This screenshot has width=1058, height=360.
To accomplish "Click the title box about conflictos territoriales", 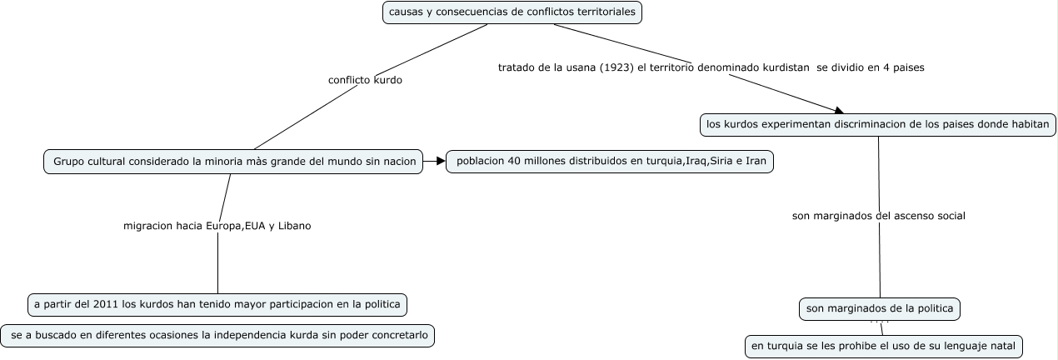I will point(512,12).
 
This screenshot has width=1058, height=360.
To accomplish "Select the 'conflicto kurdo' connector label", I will point(365,81).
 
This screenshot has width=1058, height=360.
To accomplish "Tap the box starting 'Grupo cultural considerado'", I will point(233,161).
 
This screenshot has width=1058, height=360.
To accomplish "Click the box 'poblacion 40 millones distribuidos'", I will point(610,161).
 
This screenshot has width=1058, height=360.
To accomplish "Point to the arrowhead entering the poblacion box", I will point(442,161).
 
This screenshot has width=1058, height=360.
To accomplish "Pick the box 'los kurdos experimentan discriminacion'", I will point(877,125).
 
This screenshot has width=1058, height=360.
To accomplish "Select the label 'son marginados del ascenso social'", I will point(878,216).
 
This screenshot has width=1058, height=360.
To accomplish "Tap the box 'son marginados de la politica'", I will point(880,309).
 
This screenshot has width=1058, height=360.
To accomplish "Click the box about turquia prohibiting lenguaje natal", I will point(883,346).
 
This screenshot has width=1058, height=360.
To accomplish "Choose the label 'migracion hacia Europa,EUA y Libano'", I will point(217,226).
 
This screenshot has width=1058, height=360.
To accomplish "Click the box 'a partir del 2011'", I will point(217,304).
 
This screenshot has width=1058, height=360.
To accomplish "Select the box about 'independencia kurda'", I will point(217,336).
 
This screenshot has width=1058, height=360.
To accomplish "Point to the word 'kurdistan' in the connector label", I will point(786,67).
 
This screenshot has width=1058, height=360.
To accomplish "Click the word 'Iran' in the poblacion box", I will point(755,161).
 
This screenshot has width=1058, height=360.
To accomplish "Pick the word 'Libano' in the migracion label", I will point(294,226).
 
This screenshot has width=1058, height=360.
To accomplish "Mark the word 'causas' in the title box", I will point(405,12).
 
